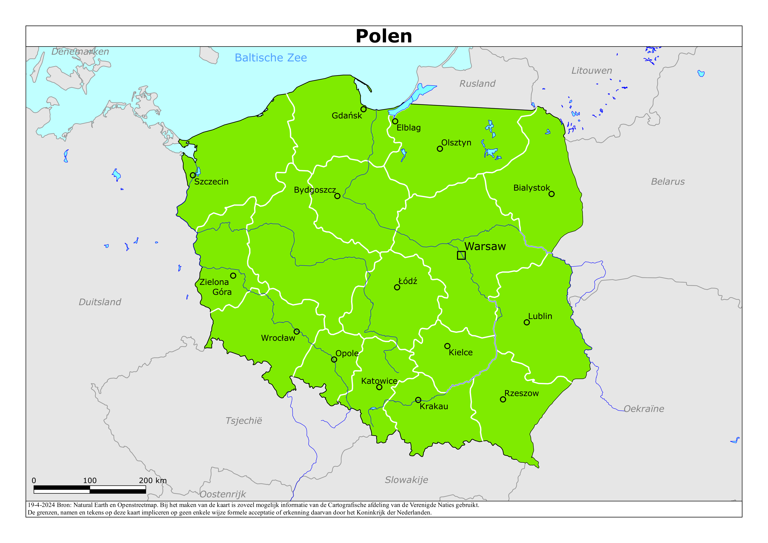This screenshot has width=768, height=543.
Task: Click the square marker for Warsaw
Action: tap(461, 255)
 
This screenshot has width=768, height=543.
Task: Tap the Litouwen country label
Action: tap(591, 71)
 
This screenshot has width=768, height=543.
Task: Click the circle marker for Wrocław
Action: tap(296, 332)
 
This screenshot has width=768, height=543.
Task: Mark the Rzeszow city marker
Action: tap(503, 399)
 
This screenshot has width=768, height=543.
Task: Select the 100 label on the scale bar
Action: tap(90, 480)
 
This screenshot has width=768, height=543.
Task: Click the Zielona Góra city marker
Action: tap(233, 276)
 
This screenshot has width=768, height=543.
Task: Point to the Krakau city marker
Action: tap(418, 400)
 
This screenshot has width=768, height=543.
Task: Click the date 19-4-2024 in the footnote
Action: tap(41, 505)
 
